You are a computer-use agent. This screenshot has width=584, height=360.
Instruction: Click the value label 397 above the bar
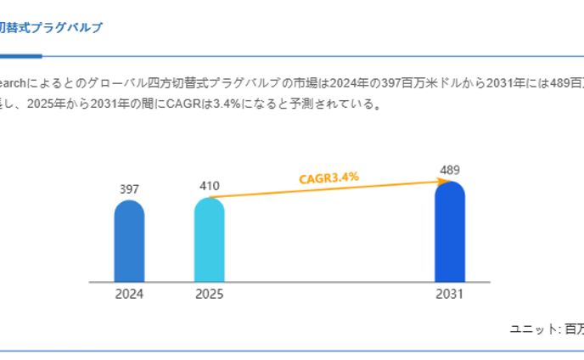[x=129, y=189]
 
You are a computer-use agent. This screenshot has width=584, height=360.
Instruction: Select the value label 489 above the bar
[x=450, y=170]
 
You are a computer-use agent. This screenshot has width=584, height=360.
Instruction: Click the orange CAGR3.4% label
[x=328, y=177]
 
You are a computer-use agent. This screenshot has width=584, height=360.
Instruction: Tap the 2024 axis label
[x=129, y=295]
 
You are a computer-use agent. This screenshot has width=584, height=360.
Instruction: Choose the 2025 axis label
[x=209, y=295]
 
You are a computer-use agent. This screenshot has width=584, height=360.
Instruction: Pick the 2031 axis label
[x=450, y=295]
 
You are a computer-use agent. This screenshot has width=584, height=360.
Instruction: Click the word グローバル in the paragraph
[x=115, y=83]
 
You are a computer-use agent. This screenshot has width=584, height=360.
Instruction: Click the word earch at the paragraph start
[x=14, y=83]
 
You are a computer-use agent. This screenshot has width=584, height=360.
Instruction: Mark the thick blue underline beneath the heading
[x=20, y=56]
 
